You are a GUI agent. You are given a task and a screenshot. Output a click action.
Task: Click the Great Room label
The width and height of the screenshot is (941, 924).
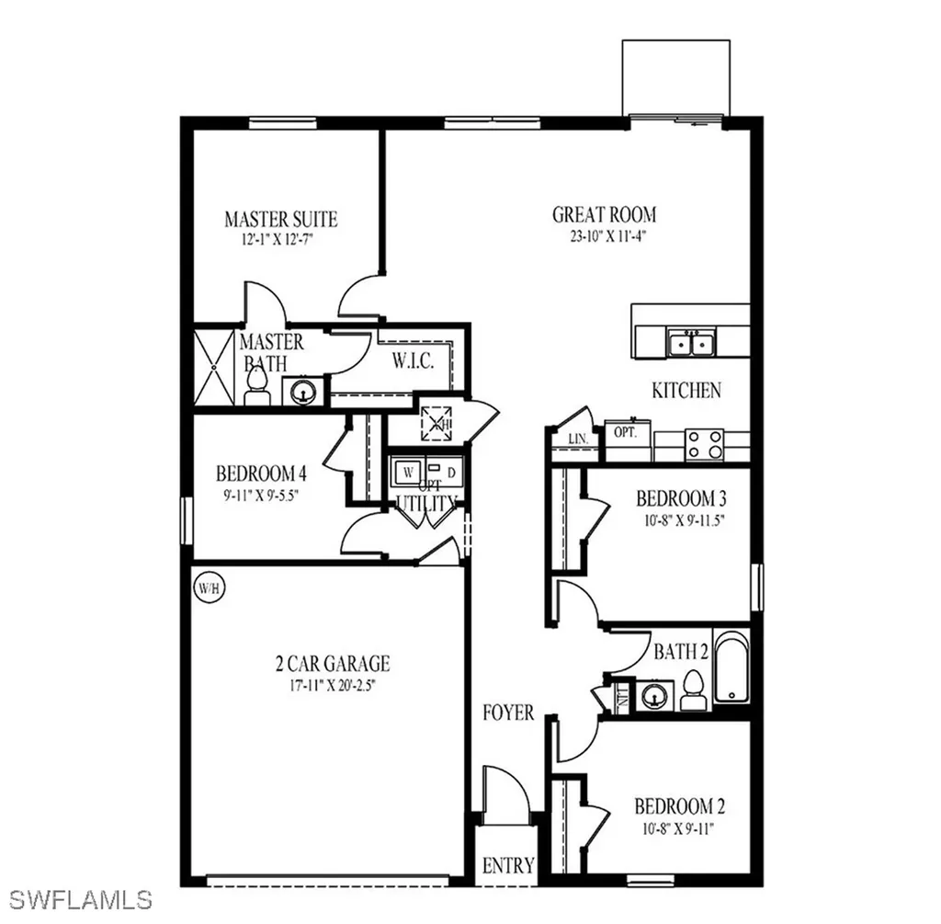[604, 215]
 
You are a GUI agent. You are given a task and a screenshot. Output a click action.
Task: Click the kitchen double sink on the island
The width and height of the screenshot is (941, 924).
[692, 344]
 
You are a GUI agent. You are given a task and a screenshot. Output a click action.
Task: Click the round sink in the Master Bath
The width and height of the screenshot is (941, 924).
[301, 392]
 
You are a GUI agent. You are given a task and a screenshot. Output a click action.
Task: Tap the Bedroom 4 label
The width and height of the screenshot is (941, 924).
[261, 474]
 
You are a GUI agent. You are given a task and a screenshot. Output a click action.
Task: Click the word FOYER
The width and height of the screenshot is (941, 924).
[508, 713]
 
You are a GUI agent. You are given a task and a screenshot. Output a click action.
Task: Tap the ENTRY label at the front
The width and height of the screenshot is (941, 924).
[508, 865]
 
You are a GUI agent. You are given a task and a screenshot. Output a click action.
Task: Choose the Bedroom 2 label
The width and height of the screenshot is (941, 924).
[679, 807]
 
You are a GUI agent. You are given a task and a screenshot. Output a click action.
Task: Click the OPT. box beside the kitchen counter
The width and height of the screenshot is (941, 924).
[626, 431]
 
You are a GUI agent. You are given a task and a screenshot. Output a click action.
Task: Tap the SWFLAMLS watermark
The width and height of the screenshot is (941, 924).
[77, 898]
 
